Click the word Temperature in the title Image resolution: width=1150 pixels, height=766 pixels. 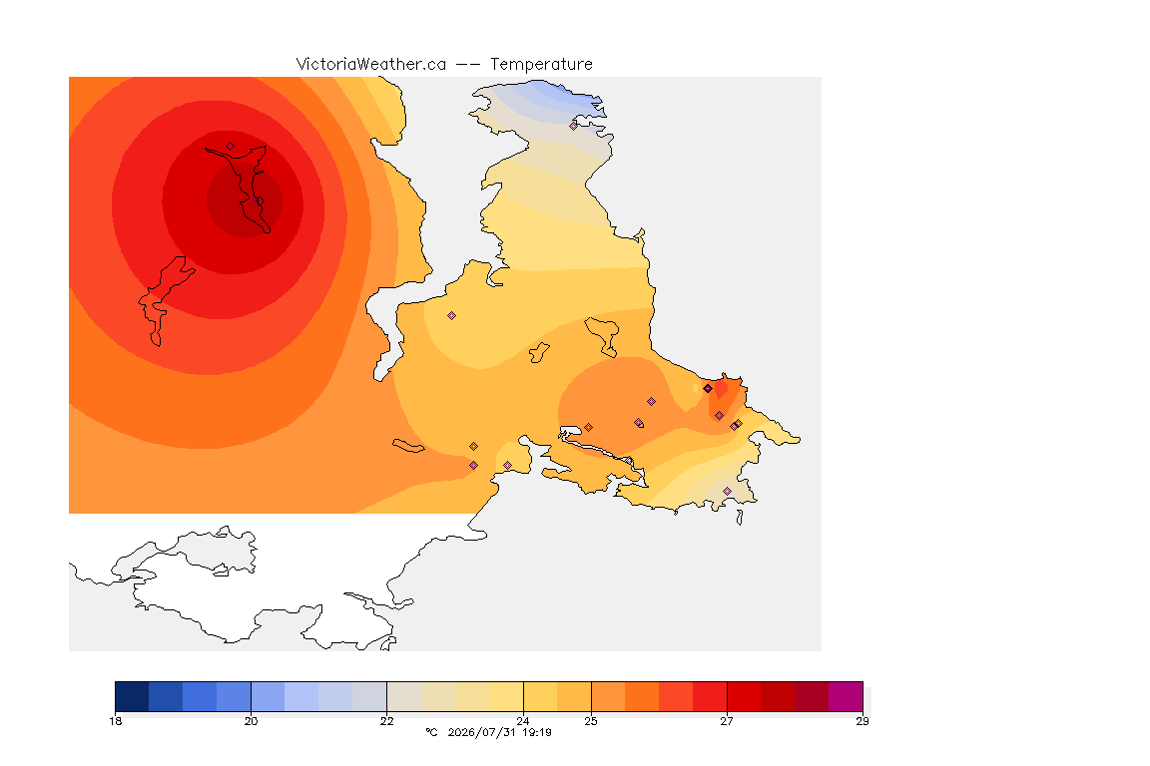(541, 65)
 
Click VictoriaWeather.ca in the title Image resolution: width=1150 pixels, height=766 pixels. (371, 65)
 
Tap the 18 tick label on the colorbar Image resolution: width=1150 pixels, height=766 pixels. (115, 721)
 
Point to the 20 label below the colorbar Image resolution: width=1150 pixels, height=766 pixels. (251, 721)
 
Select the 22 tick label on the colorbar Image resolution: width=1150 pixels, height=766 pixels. (386, 721)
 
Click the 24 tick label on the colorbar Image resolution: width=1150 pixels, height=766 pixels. (523, 721)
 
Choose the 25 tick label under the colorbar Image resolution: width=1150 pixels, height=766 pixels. (591, 721)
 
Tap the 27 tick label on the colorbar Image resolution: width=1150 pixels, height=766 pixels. (727, 721)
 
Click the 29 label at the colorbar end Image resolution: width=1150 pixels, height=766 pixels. (862, 721)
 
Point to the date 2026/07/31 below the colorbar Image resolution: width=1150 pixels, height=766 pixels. (481, 732)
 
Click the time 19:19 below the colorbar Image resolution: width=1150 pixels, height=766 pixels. (537, 732)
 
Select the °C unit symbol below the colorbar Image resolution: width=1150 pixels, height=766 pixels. (431, 732)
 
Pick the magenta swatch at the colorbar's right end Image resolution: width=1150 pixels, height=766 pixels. (846, 696)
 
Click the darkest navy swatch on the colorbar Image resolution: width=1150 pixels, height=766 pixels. (132, 696)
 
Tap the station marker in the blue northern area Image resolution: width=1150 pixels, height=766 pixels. (574, 126)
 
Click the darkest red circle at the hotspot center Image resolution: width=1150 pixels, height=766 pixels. (245, 200)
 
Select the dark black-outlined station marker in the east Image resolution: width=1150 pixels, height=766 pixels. (708, 389)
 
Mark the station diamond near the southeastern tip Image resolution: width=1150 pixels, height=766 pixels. (727, 491)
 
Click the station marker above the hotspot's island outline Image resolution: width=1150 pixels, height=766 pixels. (231, 146)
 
